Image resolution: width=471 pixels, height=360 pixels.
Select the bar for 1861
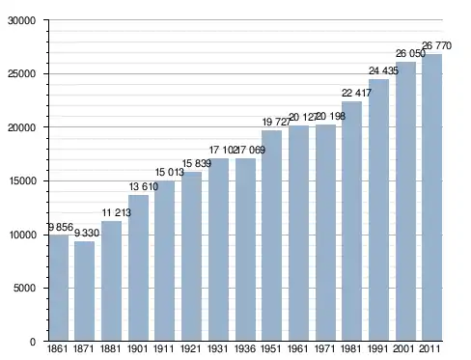[x=59, y=288]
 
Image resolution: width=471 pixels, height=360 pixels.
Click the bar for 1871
[x=85, y=291]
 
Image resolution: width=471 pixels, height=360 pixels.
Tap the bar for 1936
[x=245, y=250]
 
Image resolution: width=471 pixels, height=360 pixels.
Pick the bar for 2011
[x=432, y=198]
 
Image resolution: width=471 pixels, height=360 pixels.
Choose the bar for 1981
[x=351, y=221]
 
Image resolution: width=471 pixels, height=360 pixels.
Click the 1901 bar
[x=138, y=268]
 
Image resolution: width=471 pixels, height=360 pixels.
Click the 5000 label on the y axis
[x=24, y=288]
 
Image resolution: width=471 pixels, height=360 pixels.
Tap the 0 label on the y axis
[x=33, y=342]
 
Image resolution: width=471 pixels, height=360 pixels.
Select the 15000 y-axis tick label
[x=21, y=180]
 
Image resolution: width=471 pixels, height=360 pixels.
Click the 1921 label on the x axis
[x=191, y=348]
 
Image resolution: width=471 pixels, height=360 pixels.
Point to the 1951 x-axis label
[x=271, y=348]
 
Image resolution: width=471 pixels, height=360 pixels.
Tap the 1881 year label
[x=111, y=348]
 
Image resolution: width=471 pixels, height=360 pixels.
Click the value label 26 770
[x=436, y=45]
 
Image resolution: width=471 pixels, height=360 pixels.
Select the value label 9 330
[x=87, y=233]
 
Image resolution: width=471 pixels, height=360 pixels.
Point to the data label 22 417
[x=356, y=93]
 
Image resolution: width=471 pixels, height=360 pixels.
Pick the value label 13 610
[x=144, y=186]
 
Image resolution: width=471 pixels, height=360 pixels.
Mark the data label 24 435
[x=383, y=70]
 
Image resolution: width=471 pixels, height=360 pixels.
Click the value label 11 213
[x=117, y=212]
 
